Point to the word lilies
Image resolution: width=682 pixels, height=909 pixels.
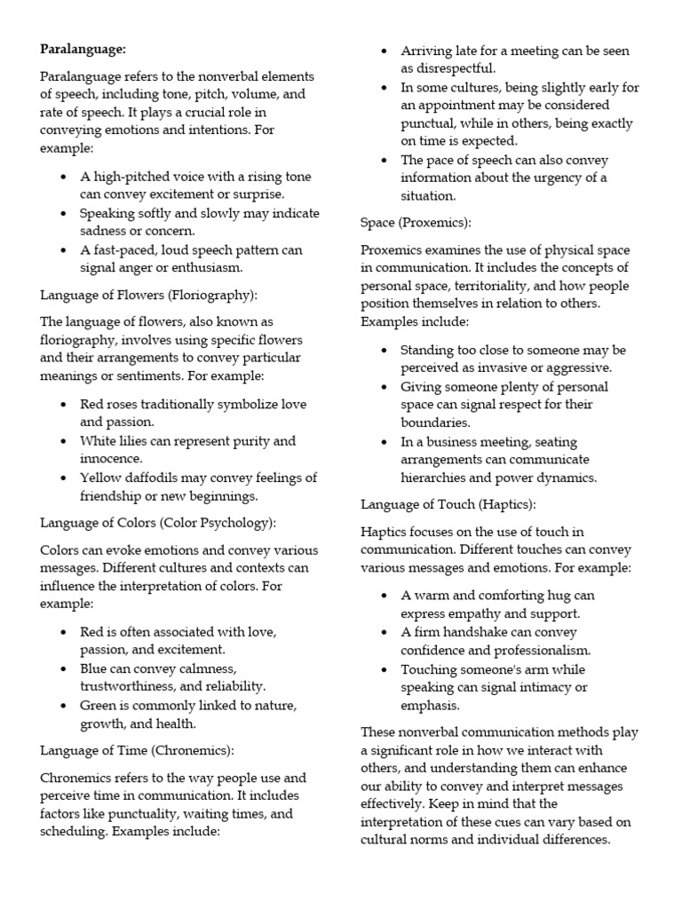coord(139,441)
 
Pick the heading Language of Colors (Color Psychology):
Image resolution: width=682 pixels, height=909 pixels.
coord(158,522)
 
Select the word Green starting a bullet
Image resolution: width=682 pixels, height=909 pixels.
coord(99,705)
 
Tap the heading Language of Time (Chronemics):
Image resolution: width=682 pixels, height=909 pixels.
coord(138,750)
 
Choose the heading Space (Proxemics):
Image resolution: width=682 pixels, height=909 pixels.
coord(416,222)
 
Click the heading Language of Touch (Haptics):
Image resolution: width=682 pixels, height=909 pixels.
coord(448,504)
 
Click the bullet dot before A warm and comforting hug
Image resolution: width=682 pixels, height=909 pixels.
coord(384,596)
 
